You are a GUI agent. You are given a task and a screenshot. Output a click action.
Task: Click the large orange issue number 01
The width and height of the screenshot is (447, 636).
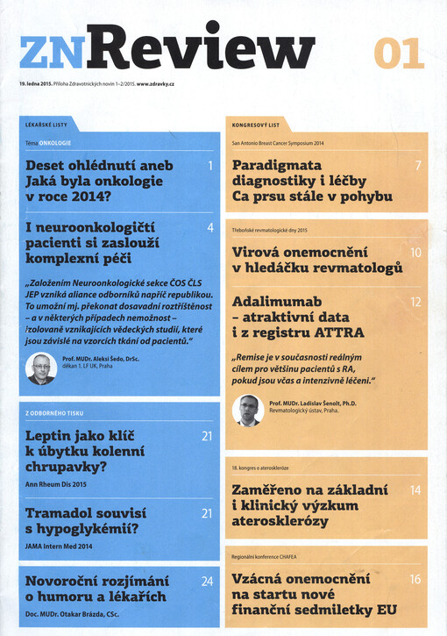pyautogui.click(x=399, y=54)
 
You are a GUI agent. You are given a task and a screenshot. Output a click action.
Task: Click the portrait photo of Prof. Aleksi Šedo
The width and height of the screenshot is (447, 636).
pyautogui.click(x=39, y=368)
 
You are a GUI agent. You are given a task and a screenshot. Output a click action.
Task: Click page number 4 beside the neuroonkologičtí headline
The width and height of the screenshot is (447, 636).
pyautogui.click(x=210, y=228)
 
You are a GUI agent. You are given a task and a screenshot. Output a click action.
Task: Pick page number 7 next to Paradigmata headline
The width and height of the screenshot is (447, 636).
pyautogui.click(x=418, y=165)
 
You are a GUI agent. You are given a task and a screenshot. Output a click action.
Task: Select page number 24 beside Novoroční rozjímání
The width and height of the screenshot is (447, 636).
pyautogui.click(x=207, y=581)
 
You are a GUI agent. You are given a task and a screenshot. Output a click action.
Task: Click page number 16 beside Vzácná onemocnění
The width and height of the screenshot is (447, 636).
pyautogui.click(x=415, y=579)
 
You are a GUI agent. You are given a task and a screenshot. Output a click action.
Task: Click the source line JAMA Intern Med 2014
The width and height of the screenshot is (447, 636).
pyautogui.click(x=60, y=546)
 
